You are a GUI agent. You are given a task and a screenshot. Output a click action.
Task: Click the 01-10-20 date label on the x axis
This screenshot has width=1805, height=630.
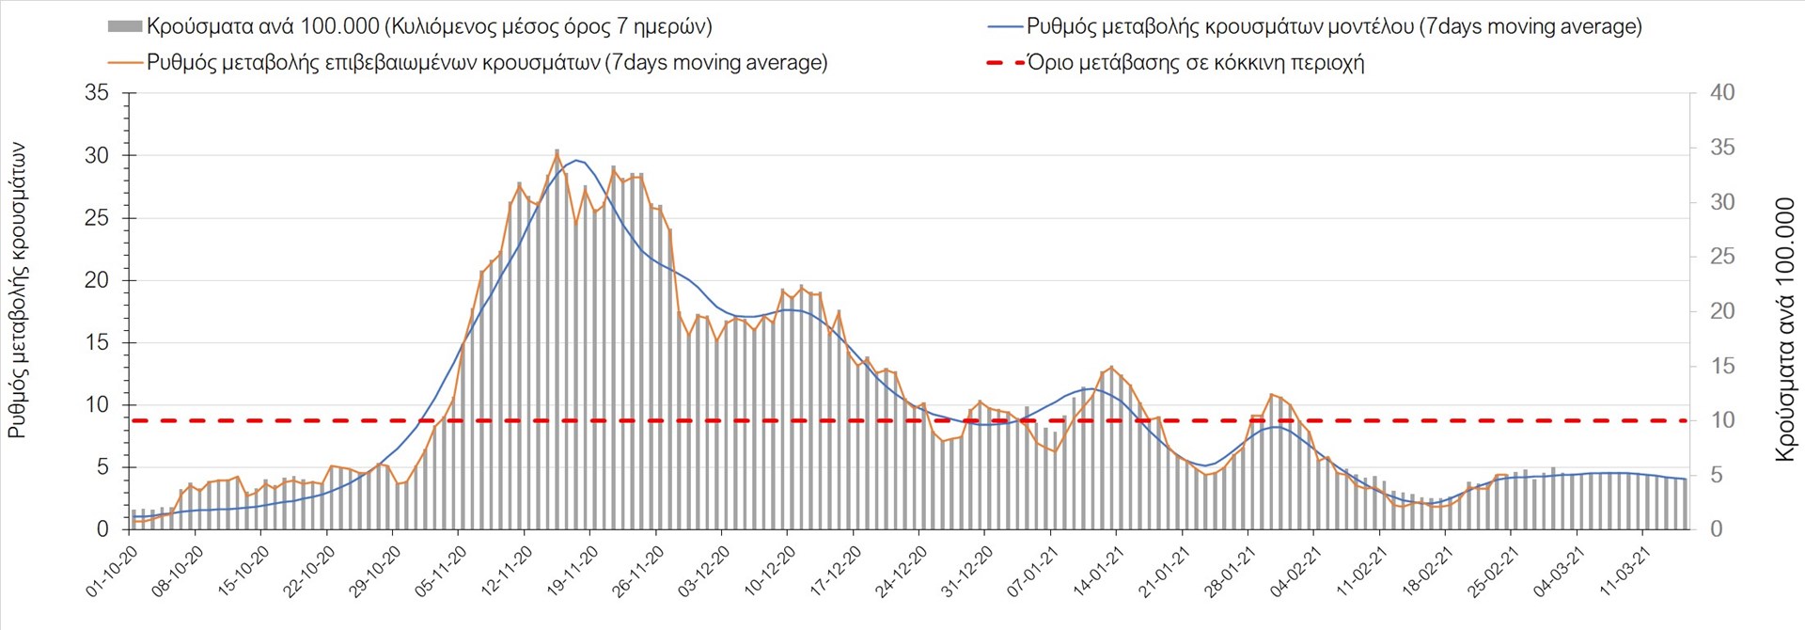112,572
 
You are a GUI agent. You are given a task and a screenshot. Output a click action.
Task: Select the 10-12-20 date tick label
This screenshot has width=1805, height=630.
770,572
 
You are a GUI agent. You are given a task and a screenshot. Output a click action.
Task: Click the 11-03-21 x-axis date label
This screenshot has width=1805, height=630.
1625,572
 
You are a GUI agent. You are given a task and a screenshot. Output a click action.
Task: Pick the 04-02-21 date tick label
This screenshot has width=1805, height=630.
1296,572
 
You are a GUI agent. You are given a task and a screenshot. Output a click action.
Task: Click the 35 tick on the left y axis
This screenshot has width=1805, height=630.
97,93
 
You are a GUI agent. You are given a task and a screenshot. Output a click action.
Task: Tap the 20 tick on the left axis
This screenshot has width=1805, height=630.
97,280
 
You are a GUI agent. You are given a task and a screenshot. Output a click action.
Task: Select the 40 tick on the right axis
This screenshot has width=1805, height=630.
1722,93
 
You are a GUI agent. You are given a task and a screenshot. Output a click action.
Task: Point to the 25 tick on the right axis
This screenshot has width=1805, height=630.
1722,257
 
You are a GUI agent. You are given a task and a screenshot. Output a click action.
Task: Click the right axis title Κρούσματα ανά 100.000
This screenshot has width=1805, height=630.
1783,329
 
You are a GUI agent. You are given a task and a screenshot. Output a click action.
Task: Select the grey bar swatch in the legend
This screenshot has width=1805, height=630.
124,26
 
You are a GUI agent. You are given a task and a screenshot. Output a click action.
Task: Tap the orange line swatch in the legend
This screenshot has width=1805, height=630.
125,63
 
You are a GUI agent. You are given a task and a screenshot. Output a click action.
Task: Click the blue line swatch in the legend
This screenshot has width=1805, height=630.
1004,26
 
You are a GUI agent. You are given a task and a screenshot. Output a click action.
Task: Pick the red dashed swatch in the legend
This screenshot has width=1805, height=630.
1004,63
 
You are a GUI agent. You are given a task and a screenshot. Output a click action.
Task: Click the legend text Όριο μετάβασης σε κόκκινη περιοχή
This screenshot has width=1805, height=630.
1195,63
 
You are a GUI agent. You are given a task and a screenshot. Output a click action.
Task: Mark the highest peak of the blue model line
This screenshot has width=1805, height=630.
575,160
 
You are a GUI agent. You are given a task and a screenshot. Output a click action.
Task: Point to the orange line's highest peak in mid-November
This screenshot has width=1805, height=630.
557,153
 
